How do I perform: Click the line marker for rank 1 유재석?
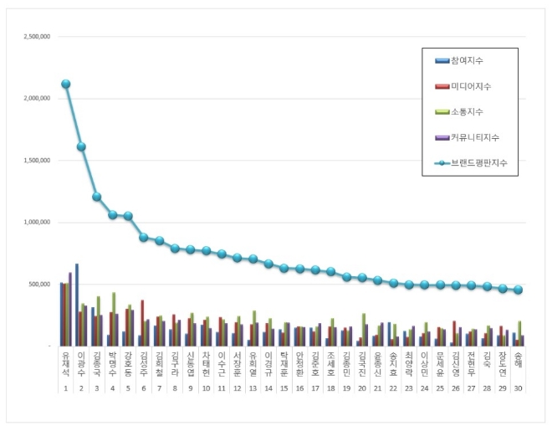point(65,84)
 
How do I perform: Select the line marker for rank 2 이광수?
point(81,146)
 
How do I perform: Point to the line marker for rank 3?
point(97,197)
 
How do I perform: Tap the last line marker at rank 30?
point(519,290)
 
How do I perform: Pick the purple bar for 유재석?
point(70,309)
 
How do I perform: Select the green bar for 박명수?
point(114,319)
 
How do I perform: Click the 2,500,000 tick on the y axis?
point(36,37)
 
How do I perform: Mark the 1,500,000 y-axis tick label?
point(36,161)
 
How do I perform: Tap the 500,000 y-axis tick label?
point(39,285)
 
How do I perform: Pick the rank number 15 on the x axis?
point(284,388)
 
